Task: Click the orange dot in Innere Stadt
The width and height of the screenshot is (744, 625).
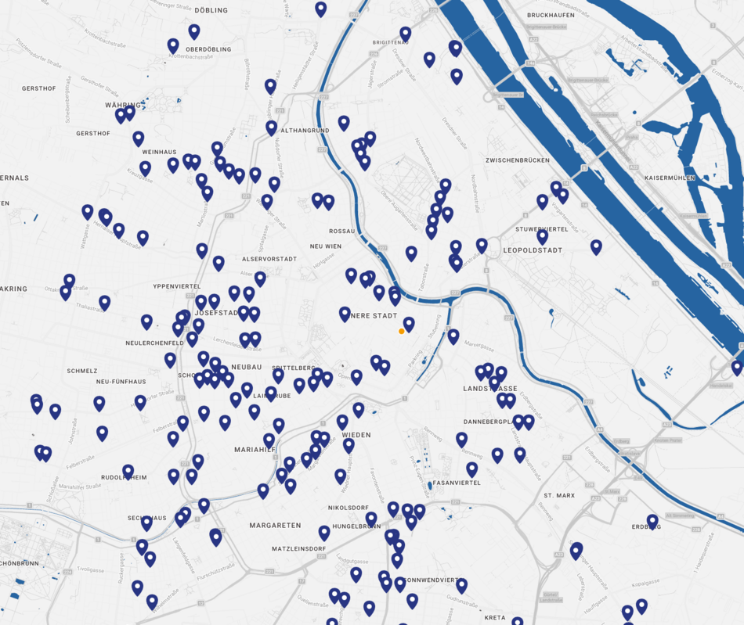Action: pyautogui.click(x=402, y=332)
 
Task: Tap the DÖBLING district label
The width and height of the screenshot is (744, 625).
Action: pyautogui.click(x=211, y=10)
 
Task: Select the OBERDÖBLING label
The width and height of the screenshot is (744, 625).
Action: pyautogui.click(x=208, y=49)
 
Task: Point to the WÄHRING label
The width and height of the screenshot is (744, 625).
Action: pyautogui.click(x=123, y=105)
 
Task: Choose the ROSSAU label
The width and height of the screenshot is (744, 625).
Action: pyautogui.click(x=342, y=232)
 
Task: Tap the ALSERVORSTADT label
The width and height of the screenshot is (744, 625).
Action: pyautogui.click(x=269, y=259)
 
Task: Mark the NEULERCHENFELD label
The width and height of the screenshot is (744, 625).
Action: pyautogui.click(x=155, y=343)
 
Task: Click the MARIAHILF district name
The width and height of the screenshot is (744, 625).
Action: pyautogui.click(x=255, y=450)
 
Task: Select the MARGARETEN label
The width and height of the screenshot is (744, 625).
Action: pyautogui.click(x=276, y=525)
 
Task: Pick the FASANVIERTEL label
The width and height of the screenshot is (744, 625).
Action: pyautogui.click(x=457, y=483)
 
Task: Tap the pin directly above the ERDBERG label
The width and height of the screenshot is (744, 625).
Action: pyautogui.click(x=652, y=520)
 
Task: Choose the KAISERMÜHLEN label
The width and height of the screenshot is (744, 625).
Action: pyautogui.click(x=670, y=178)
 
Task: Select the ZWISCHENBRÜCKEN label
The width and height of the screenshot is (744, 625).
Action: pyautogui.click(x=517, y=160)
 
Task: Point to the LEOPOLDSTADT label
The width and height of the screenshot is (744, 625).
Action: pyautogui.click(x=533, y=250)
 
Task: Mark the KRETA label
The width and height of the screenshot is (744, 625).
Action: pyautogui.click(x=494, y=618)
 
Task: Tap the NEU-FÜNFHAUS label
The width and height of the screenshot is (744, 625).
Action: pyautogui.click(x=121, y=382)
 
